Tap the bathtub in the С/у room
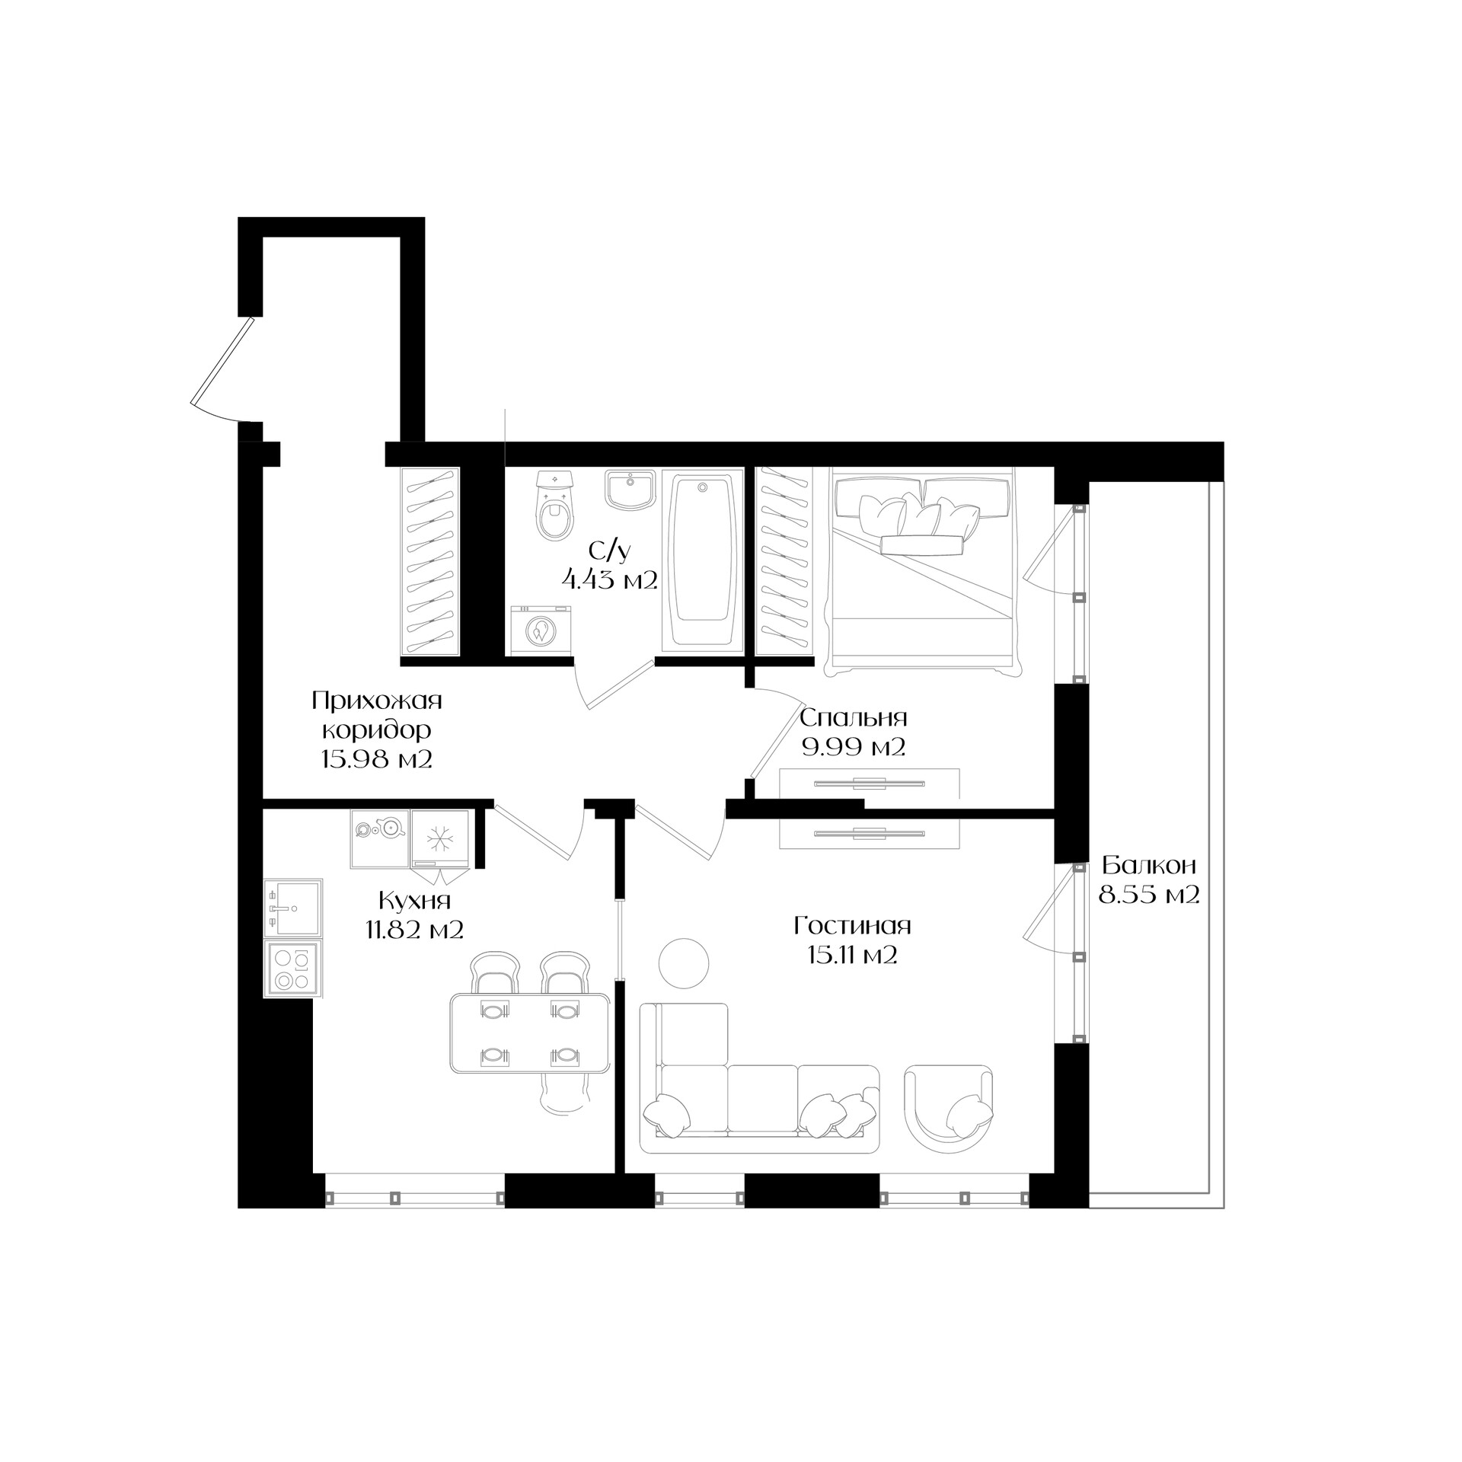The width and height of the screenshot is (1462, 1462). coord(702,560)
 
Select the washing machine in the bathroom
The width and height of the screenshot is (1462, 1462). coord(540,629)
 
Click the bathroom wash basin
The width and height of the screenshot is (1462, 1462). coord(630,488)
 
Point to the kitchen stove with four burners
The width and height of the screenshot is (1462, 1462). coord(293,969)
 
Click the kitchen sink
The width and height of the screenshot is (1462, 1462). coord(293,908)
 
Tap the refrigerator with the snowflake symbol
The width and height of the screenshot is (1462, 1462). coord(439,838)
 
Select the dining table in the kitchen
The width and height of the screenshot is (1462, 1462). coord(530,1033)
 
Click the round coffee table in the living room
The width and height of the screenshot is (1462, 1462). coord(684,964)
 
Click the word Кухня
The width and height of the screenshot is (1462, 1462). coord(415,901)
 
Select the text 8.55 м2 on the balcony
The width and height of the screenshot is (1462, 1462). coord(1149,894)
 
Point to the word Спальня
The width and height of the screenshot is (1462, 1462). coord(854,718)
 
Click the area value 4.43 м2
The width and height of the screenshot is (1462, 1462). coord(609,580)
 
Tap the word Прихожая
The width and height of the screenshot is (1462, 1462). coord(377,700)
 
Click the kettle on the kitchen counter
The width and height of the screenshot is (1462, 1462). coord(391,827)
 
